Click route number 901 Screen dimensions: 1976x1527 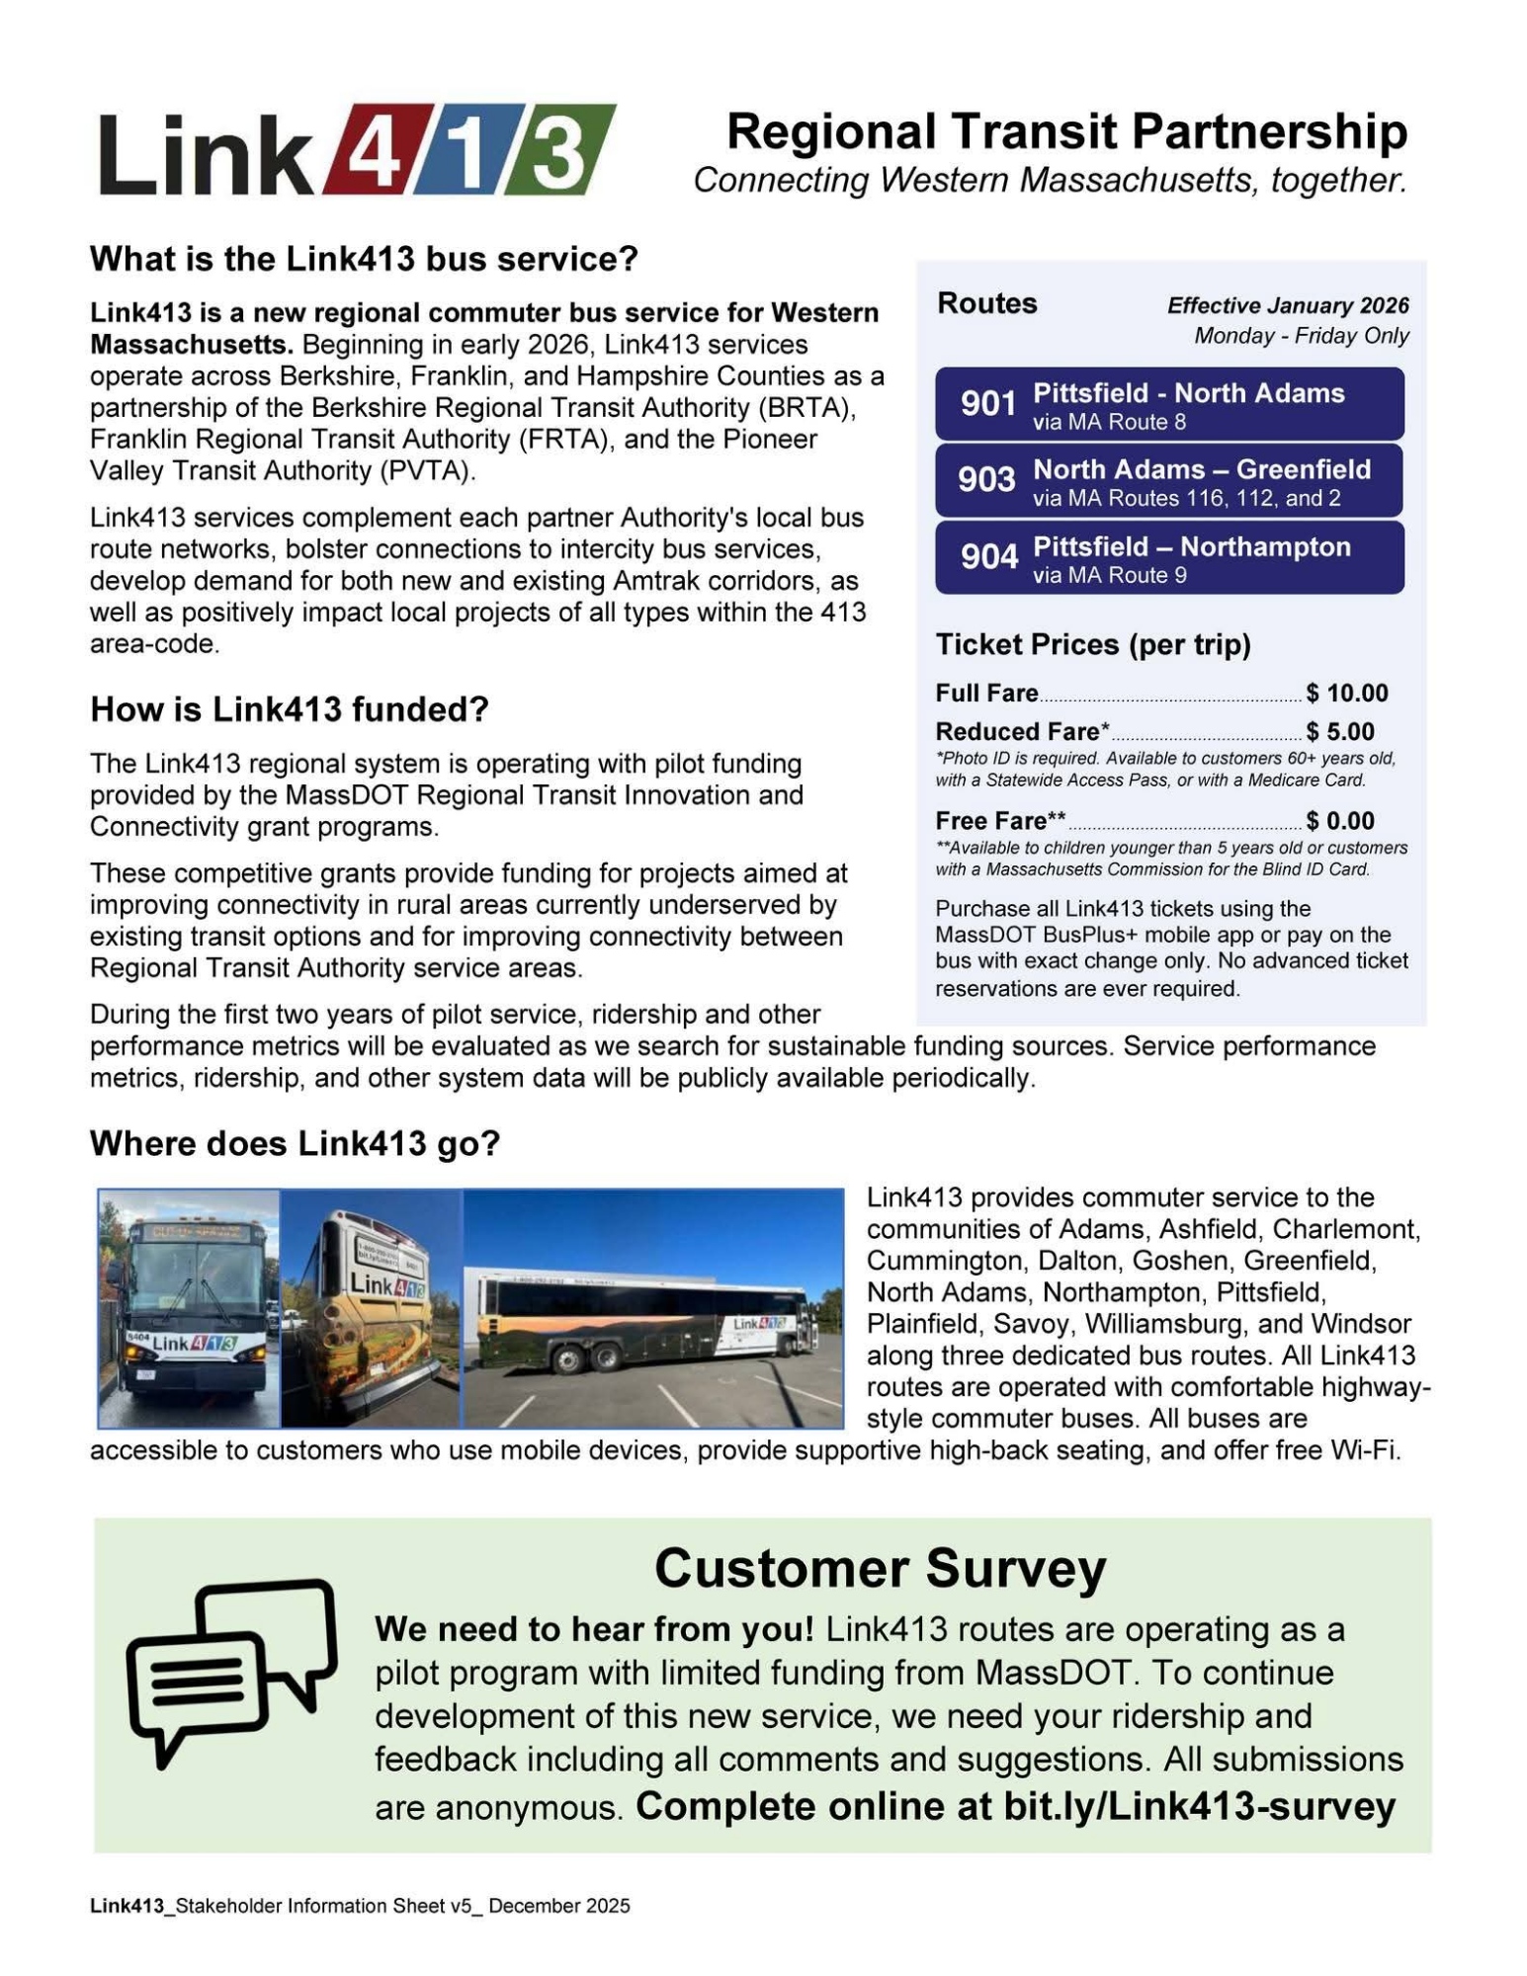click(x=987, y=404)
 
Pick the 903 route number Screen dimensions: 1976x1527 click(x=986, y=480)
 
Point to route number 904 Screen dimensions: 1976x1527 click(x=988, y=557)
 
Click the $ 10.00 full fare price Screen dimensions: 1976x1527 click(x=1346, y=694)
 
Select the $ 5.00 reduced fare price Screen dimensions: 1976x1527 click(x=1339, y=732)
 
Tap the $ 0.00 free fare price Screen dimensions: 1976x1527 click(x=1339, y=821)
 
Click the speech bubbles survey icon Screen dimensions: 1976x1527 click(x=231, y=1668)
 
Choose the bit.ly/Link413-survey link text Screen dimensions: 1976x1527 click(x=1199, y=1807)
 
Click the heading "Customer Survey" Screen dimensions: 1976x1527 click(x=880, y=1569)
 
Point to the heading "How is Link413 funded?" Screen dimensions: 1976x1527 click(x=290, y=709)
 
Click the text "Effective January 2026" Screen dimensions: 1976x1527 click(x=1287, y=306)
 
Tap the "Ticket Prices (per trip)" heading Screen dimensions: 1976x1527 click(x=1093, y=645)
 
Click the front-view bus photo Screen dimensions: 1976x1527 click(x=189, y=1308)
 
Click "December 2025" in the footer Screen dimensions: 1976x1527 click(x=558, y=1906)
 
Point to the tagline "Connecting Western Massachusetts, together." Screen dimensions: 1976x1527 click(x=1050, y=181)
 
